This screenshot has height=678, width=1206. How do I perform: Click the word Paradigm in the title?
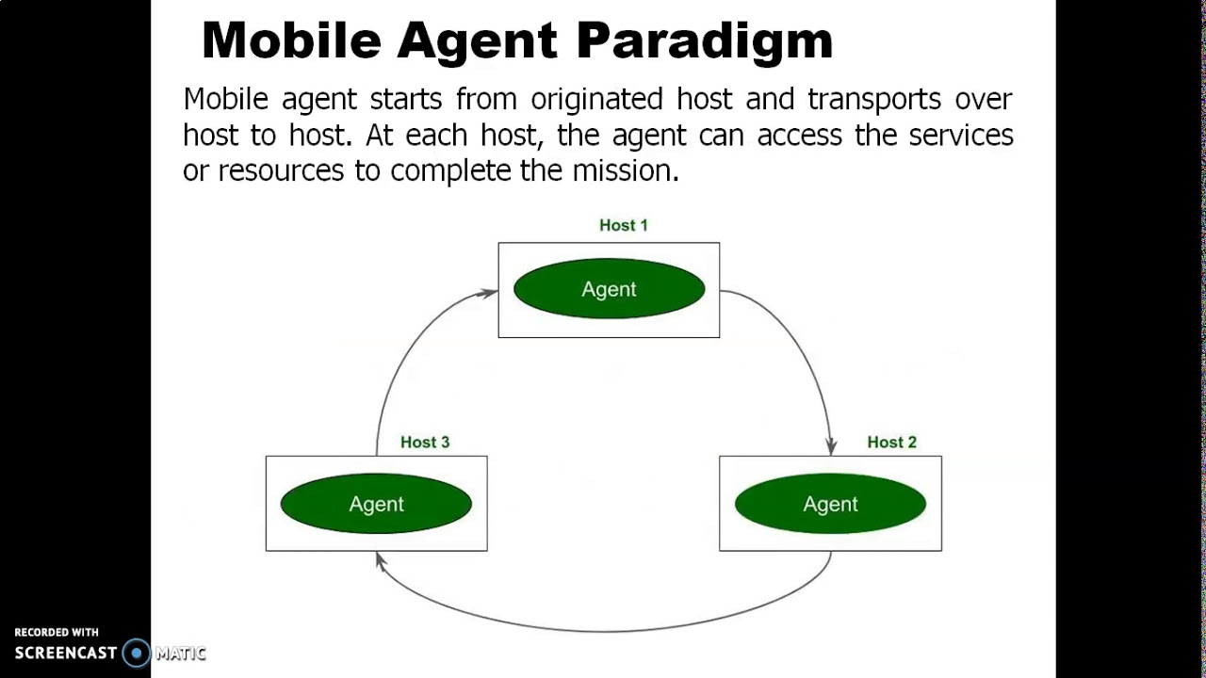point(705,41)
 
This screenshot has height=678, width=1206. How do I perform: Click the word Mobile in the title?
point(291,41)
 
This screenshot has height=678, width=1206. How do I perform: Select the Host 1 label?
point(623,225)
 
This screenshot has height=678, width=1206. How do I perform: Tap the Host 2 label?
point(891,442)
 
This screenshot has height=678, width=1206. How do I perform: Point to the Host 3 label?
point(424,442)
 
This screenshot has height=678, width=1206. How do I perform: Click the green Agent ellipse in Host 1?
point(609,289)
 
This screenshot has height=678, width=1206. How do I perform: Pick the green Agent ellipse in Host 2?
point(830,504)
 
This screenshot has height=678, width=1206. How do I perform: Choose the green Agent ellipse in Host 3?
point(376,504)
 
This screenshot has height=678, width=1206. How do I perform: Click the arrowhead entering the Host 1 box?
point(489,293)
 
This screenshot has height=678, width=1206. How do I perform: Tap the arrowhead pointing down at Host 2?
point(831,445)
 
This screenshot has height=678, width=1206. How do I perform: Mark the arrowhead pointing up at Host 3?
point(380,560)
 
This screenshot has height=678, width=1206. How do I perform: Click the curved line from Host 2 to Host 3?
point(603,630)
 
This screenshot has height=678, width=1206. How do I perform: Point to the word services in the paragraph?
point(960,136)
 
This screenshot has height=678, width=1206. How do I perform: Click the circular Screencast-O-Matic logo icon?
point(137,653)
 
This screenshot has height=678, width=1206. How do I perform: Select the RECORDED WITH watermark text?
point(57,633)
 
